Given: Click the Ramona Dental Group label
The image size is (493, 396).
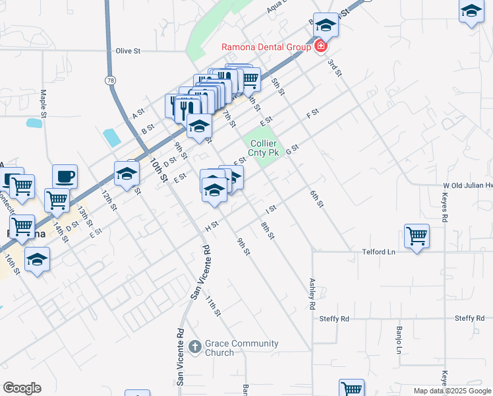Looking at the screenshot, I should pyautogui.click(x=268, y=47).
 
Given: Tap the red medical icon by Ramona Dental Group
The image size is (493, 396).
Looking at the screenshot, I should pyautogui.click(x=321, y=46).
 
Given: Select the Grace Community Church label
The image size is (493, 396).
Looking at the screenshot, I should pyautogui.click(x=241, y=348).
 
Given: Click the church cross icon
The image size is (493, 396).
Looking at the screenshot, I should pyautogui.click(x=194, y=346).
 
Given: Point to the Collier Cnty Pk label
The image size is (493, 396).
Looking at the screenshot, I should pyautogui.click(x=264, y=148).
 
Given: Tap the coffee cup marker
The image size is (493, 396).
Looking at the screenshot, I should pyautogui.click(x=65, y=176).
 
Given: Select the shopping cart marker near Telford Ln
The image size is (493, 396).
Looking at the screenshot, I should pyautogui.click(x=417, y=235).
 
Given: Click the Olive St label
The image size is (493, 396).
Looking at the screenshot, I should pyautogui.click(x=129, y=51).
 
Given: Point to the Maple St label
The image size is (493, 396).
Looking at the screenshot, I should pyautogui.click(x=43, y=104).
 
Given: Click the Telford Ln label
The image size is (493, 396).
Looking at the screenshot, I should pyautogui.click(x=378, y=252).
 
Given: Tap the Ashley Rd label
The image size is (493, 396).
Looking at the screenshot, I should pyautogui.click(x=312, y=294).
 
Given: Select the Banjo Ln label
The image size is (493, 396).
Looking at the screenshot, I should pyautogui.click(x=399, y=339).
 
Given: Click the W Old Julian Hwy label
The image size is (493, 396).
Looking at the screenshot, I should pyautogui.click(x=467, y=186).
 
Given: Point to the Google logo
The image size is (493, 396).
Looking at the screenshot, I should pyautogui.click(x=22, y=388).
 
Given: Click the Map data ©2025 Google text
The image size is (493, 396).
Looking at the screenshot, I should pyautogui.click(x=451, y=391).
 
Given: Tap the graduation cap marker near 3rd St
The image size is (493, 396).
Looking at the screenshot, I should pyautogui.click(x=326, y=25).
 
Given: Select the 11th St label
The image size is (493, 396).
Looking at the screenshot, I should pyautogui.click(x=212, y=306).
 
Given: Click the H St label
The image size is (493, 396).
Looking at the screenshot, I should pyautogui.click(x=212, y=226).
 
